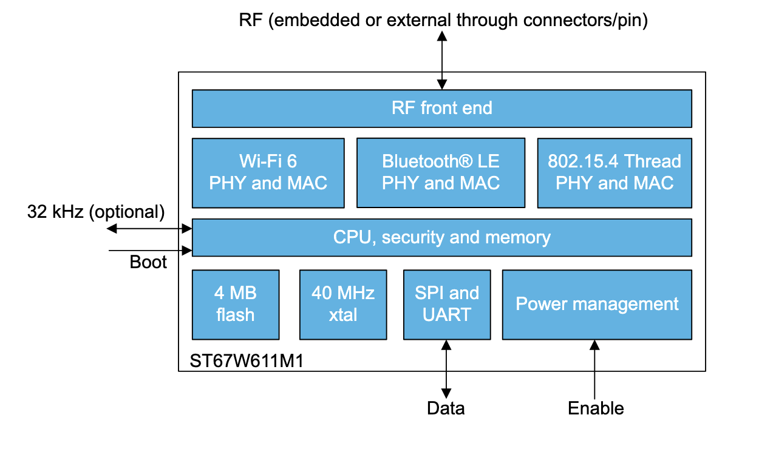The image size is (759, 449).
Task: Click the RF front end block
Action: pos(441,109)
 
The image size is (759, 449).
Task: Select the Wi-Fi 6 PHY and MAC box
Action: pos(268,172)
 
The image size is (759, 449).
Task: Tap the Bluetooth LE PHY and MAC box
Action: pos(440,172)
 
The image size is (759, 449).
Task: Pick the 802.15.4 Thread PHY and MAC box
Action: pos(614,172)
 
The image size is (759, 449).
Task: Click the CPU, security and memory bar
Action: pos(441,237)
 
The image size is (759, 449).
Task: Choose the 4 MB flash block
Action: pos(235,304)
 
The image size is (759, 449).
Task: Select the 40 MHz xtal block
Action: pos(343,304)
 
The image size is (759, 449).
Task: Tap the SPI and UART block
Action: pos(447,304)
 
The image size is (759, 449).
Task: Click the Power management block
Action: pos(597,304)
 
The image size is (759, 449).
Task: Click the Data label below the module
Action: pos(446,408)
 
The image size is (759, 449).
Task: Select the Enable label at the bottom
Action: pos(596,408)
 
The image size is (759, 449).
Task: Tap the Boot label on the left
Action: pos(148,263)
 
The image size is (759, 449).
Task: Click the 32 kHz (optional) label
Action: pos(96,212)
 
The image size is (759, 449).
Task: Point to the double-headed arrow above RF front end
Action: pos(442,59)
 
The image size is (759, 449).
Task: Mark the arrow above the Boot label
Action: pos(149,250)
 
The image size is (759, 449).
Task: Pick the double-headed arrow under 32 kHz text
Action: pos(149,229)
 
